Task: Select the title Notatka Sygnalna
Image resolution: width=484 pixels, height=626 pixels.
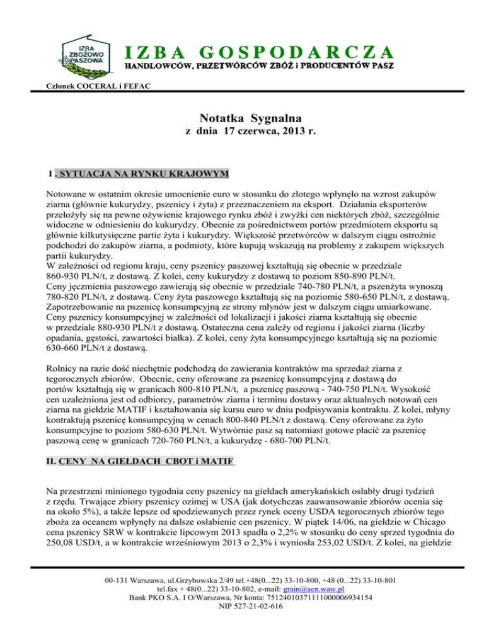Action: (x=242, y=118)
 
